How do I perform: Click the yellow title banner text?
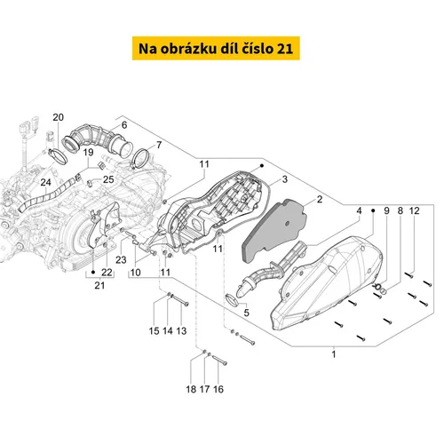pos(222,48)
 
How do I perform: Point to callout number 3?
pos(284,180)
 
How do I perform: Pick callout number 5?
pos(248,313)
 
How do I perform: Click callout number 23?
pos(121,260)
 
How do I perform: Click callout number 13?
pos(181,330)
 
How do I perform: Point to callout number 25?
pos(109,179)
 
